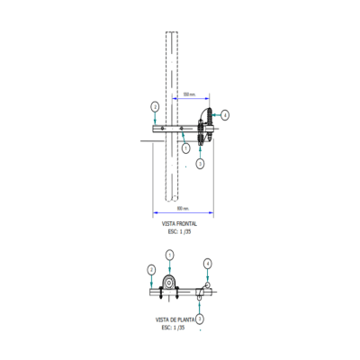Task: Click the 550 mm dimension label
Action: (189, 94)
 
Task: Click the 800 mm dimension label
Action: (183, 207)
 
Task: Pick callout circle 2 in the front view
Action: (155, 106)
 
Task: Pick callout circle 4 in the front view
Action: (225, 115)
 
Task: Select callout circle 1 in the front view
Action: (184, 147)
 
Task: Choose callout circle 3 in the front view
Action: (200, 164)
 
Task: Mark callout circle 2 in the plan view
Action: (151, 269)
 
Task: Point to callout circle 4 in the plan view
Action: (208, 263)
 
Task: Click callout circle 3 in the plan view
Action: (201, 318)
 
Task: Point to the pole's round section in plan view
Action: (168, 285)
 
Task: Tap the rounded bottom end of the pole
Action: (172, 200)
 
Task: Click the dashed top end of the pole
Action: (172, 35)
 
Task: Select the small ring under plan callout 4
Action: (208, 284)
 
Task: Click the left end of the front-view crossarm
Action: (146, 133)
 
